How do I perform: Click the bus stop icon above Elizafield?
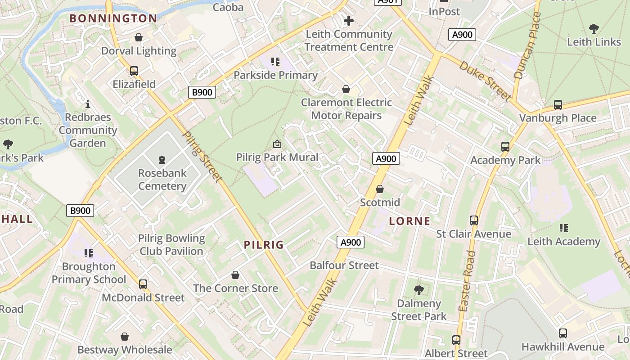point(134,71)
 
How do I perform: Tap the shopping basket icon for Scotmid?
point(380,189)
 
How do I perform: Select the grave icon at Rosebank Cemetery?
point(162,159)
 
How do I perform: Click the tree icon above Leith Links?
point(594,29)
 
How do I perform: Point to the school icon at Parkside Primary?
point(275,62)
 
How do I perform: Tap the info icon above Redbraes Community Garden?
point(88,104)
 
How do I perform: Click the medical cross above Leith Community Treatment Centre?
point(349,21)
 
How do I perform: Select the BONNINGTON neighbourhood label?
point(113,18)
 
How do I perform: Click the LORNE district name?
point(409,221)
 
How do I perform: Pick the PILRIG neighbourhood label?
point(264,245)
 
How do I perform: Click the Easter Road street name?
point(467,281)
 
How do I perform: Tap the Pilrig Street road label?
point(203,157)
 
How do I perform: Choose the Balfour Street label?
point(344,265)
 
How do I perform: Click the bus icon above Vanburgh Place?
point(558,105)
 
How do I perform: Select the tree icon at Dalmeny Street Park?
point(418,290)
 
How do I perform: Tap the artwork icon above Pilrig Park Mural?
point(277,144)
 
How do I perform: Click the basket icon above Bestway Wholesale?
point(125,337)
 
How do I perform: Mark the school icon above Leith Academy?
point(563,228)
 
